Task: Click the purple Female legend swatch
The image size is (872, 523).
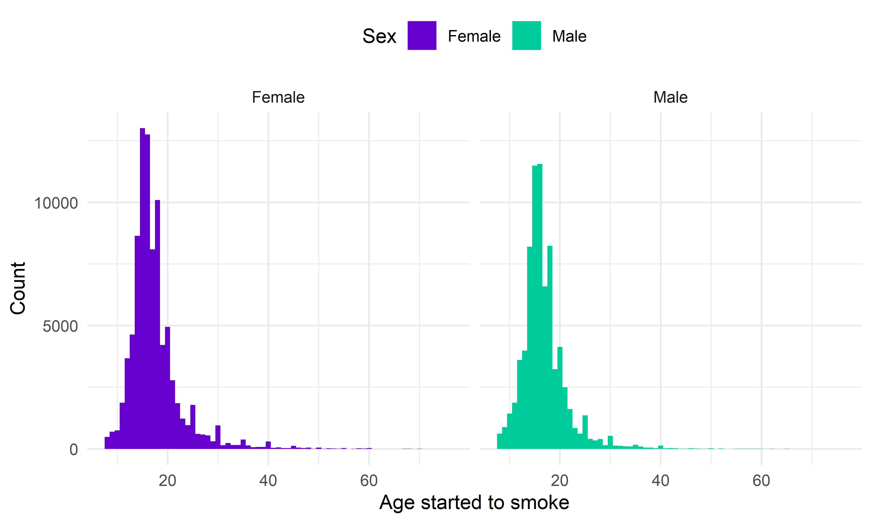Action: point(422,36)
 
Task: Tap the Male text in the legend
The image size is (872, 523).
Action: point(569,36)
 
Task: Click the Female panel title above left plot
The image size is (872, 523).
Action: point(278,97)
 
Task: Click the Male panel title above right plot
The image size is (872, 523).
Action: point(670,97)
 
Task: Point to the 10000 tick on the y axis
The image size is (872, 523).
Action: point(56,203)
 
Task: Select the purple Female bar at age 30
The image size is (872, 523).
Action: point(218,437)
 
